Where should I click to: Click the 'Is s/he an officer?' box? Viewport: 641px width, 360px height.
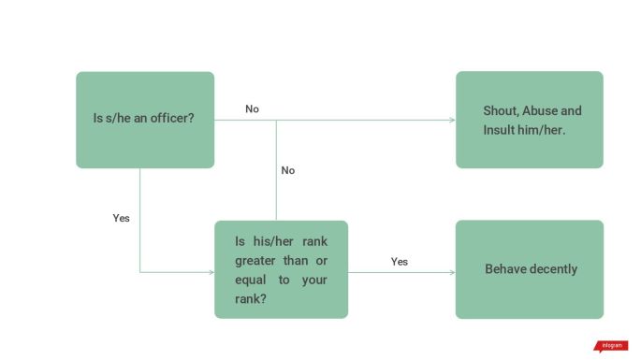(x=145, y=120)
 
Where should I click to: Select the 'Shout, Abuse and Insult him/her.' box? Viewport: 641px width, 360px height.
(x=529, y=120)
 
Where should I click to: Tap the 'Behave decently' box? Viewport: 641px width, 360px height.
(x=529, y=269)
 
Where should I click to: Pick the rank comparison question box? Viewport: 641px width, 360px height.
(x=281, y=269)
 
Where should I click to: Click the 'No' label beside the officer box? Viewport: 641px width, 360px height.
(x=252, y=109)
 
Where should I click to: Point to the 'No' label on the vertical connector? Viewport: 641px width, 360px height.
(x=288, y=170)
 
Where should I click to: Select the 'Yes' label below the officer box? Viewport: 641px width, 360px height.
(x=121, y=218)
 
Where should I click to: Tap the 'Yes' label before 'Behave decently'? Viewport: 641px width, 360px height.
(x=400, y=262)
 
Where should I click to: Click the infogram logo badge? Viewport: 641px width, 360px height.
(x=611, y=346)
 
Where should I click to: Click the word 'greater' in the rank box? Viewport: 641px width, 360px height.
(x=255, y=260)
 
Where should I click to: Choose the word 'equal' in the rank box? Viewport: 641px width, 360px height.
(x=250, y=280)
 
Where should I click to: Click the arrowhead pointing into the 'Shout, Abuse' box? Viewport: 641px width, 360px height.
(x=453, y=120)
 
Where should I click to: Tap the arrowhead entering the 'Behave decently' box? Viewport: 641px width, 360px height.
(x=453, y=272)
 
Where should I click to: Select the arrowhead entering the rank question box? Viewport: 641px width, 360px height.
(x=211, y=272)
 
